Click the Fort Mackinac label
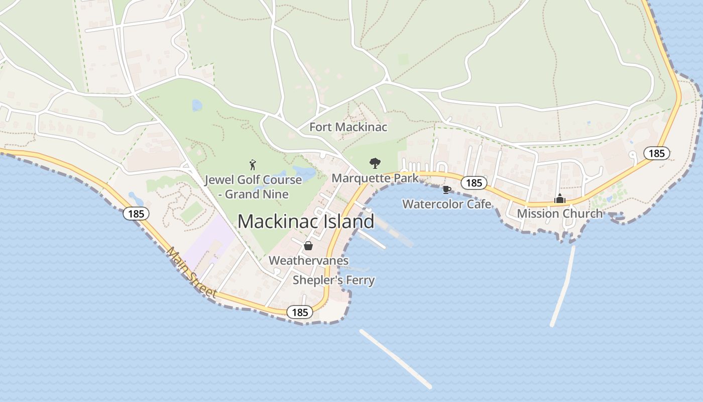click(348, 127)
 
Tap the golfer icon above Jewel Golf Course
click(253, 164)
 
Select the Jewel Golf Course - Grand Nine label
click(253, 187)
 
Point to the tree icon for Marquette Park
click(375, 163)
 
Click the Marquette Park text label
click(375, 178)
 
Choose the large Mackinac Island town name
click(306, 222)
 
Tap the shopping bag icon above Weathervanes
click(308, 246)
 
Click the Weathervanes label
click(308, 260)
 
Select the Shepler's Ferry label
click(333, 280)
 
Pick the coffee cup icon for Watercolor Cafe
click(446, 189)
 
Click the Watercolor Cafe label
click(446, 204)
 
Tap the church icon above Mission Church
click(559, 199)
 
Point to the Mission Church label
click(559, 214)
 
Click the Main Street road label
click(192, 272)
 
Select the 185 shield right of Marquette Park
click(474, 183)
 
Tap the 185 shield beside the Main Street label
click(136, 214)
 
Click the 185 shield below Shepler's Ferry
click(300, 313)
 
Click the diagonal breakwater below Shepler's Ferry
click(396, 359)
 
